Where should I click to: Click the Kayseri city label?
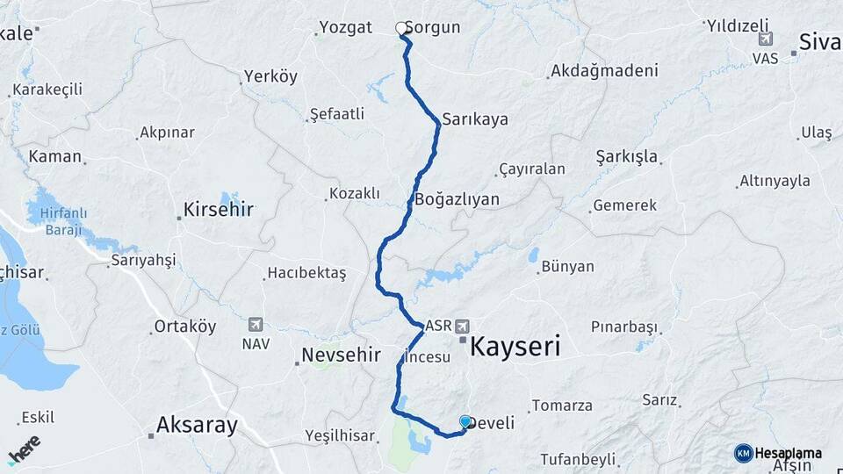coord(515,345)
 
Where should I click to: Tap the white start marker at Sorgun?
coord(402,29)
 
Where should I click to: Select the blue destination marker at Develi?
coord(465,422)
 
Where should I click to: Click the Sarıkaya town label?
coord(475,119)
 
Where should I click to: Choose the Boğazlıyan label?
coord(457,199)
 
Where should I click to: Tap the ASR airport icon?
coord(463,326)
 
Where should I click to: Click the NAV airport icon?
coord(256,324)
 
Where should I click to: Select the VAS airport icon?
coord(766,39)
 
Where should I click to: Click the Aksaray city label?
coord(197,426)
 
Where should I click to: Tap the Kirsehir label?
coord(218,210)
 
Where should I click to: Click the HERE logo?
coord(24,449)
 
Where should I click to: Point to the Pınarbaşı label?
coord(623,327)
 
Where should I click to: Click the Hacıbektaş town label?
coord(306,274)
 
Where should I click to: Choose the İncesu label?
coord(428,357)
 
